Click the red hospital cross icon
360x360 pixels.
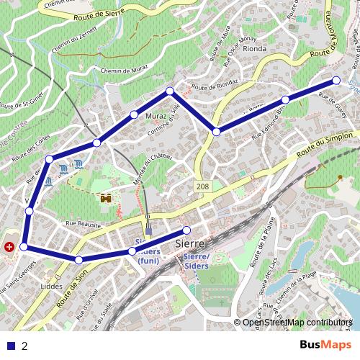coord(9,247)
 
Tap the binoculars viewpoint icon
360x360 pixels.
coord(107,197)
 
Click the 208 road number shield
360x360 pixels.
coord(204,186)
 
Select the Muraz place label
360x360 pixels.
coord(156,114)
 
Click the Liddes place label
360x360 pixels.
coord(52,286)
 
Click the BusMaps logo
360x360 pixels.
coord(322,345)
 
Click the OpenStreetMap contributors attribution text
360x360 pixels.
coord(297,322)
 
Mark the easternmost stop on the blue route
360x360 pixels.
coord(336,80)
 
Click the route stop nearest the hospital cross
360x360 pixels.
coord(24,247)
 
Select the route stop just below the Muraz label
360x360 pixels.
coord(134,115)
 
